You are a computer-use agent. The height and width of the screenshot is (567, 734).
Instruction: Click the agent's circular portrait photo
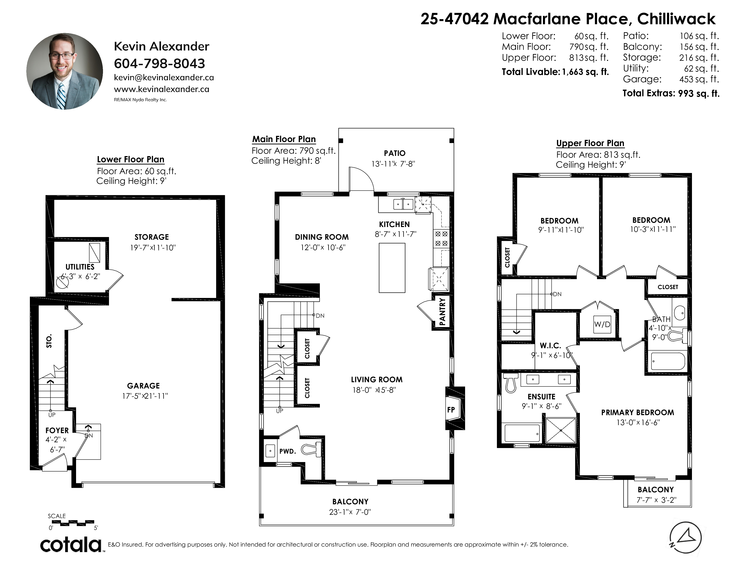pyautogui.click(x=65, y=71)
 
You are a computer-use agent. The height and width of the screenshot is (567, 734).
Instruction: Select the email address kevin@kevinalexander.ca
pyautogui.click(x=164, y=78)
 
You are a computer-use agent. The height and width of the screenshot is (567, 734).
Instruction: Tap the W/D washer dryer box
pyautogui.click(x=602, y=324)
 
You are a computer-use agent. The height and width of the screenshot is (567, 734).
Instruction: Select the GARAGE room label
pyautogui.click(x=143, y=386)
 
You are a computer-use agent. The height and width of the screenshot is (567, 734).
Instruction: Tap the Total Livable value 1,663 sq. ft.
pyautogui.click(x=585, y=72)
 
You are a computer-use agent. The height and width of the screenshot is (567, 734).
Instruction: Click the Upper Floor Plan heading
pyautogui.click(x=590, y=143)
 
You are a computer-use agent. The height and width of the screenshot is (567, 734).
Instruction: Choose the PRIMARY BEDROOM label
pyautogui.click(x=637, y=412)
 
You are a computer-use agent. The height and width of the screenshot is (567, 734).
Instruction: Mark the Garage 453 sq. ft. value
pyautogui.click(x=699, y=79)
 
